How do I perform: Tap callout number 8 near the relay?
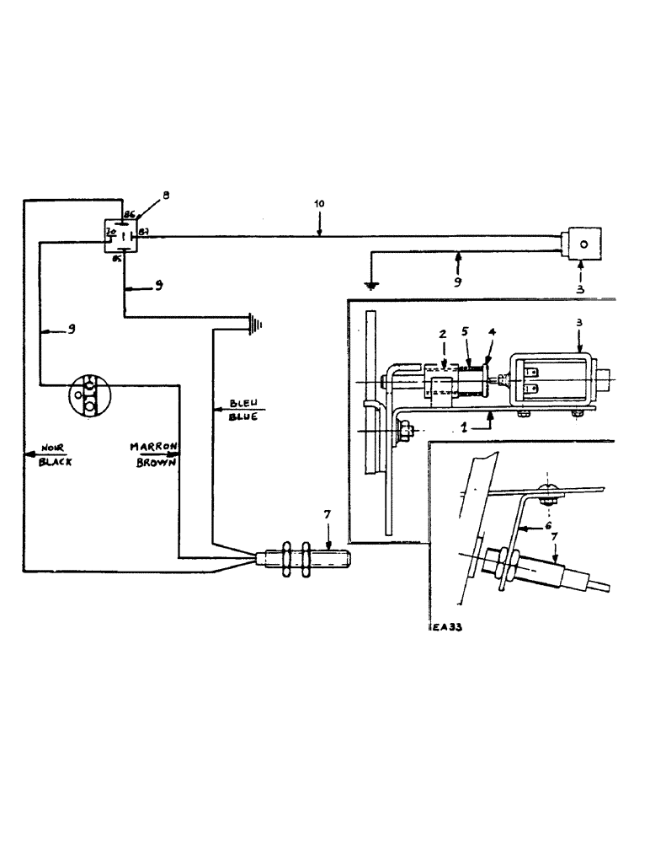pos(166,196)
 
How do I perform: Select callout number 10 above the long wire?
pos(318,205)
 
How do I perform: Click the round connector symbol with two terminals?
pos(88,395)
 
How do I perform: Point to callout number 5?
pos(466,332)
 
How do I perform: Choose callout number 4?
pos(493,332)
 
